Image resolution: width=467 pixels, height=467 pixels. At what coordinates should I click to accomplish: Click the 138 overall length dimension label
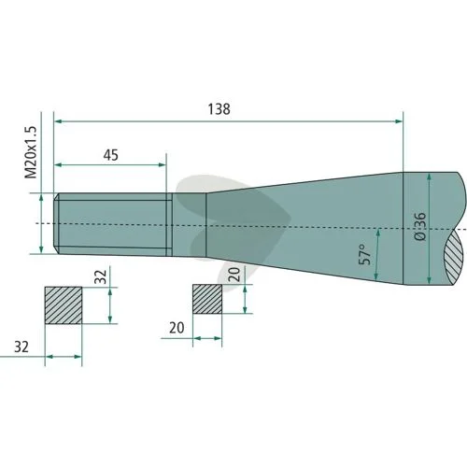tap(219, 109)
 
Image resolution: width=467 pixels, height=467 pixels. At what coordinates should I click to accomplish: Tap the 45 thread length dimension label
tap(111, 155)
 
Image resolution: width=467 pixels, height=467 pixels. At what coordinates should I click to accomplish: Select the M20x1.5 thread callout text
tap(31, 152)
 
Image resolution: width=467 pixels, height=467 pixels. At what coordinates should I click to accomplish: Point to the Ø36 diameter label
tap(420, 226)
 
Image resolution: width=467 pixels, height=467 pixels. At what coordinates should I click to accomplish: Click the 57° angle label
tap(365, 254)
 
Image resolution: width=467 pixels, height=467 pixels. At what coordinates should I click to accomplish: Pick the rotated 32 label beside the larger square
tap(101, 276)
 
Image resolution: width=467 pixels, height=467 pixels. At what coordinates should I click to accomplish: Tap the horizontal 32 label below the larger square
tap(21, 347)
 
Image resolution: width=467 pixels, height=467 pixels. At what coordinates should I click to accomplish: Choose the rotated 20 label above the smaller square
tap(234, 275)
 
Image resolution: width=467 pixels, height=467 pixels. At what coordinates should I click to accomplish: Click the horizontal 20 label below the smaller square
tap(177, 328)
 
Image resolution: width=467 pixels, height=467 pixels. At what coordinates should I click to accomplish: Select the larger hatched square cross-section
tap(64, 305)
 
